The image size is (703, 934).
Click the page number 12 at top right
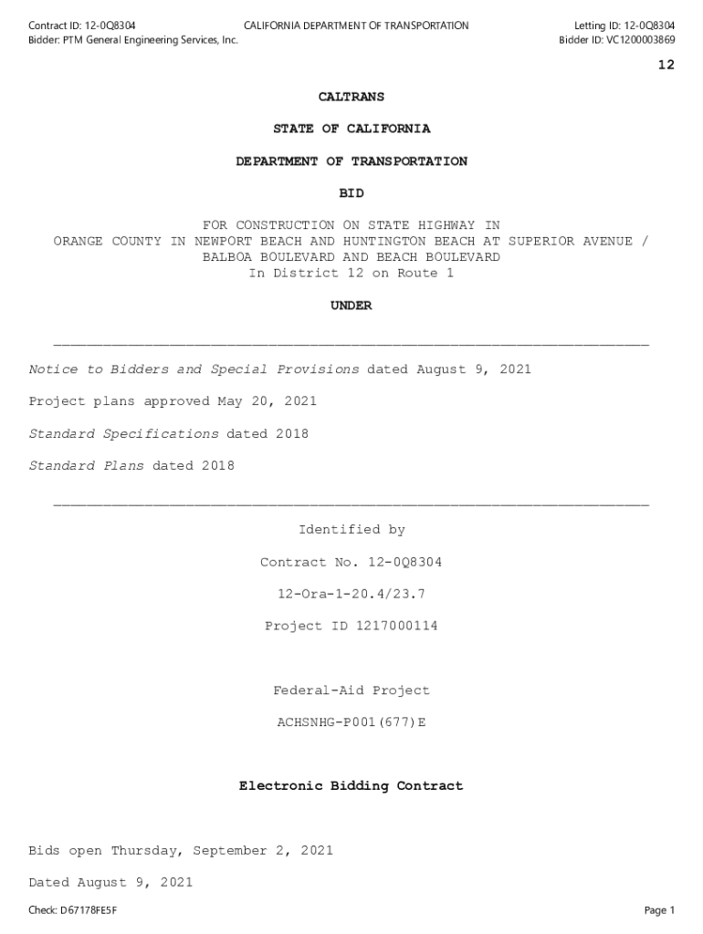click(x=666, y=65)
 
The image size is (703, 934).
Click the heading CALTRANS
click(x=351, y=97)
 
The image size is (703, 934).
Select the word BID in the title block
click(x=351, y=193)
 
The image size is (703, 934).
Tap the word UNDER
click(x=351, y=306)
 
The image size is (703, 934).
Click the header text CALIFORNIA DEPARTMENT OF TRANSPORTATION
click(x=356, y=26)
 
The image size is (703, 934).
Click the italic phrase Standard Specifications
click(x=124, y=434)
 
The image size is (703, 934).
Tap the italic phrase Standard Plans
click(x=87, y=466)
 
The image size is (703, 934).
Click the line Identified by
click(x=351, y=530)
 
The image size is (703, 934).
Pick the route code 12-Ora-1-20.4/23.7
click(x=351, y=595)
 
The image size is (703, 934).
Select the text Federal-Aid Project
click(x=351, y=690)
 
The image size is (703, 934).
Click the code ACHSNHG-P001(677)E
click(x=351, y=722)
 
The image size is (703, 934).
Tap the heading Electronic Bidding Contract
click(x=351, y=786)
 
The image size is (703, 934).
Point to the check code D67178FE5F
click(x=89, y=910)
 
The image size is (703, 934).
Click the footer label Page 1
click(x=659, y=910)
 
